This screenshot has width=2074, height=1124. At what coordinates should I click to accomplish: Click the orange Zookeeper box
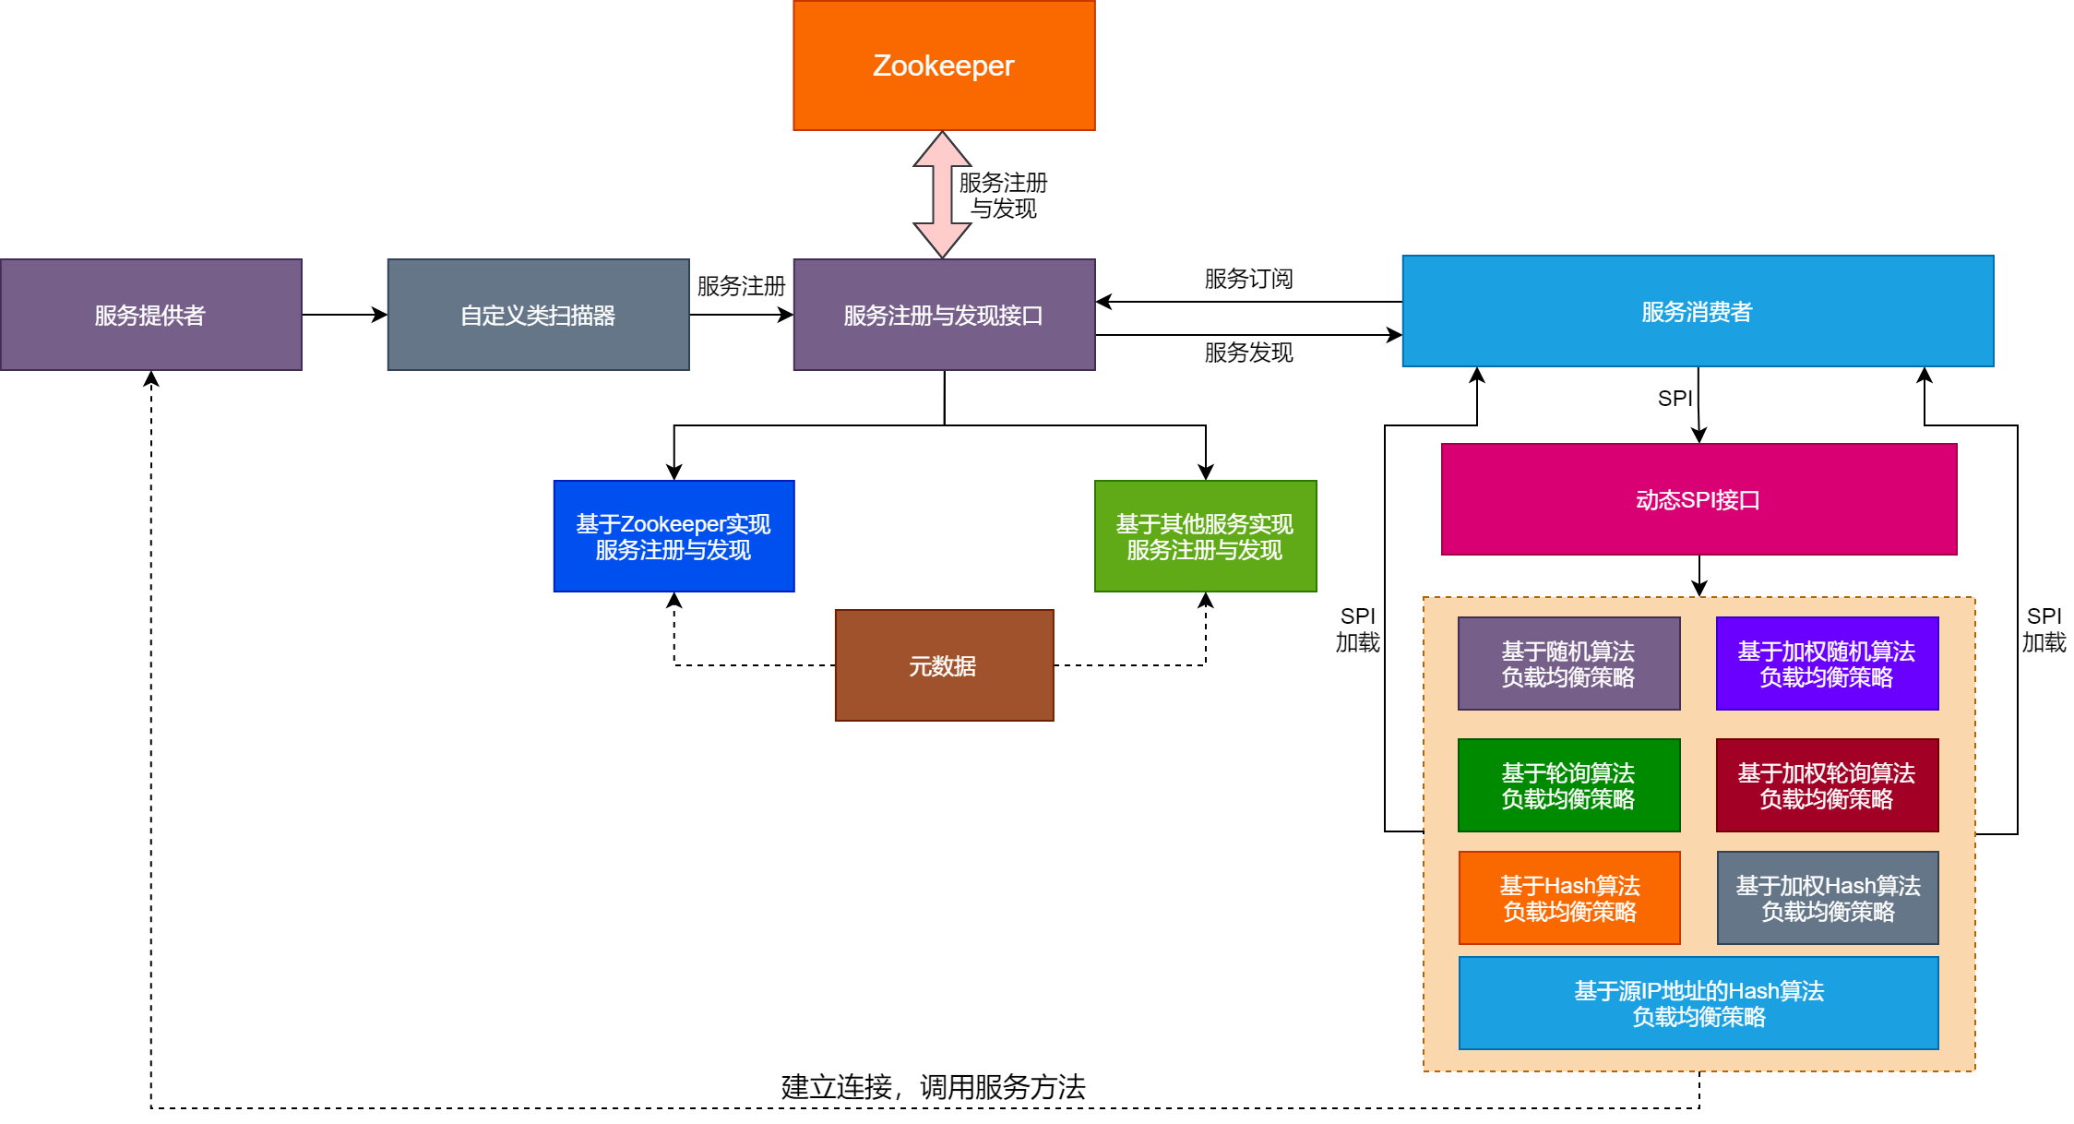944,66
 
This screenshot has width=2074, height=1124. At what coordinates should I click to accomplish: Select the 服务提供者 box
150,315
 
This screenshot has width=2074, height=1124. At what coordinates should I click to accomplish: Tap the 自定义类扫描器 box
538,315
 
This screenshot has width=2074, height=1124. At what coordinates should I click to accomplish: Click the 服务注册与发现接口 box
944,315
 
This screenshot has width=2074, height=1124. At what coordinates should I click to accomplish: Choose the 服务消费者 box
1698,311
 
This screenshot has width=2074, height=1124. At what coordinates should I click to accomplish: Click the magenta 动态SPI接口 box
1699,499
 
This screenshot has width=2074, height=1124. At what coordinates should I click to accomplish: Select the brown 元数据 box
944,665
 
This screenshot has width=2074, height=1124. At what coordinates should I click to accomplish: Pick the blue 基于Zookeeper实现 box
673,536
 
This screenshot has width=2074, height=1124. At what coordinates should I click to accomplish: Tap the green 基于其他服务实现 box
1205,536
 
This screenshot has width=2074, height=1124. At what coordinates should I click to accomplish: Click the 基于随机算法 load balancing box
1568,664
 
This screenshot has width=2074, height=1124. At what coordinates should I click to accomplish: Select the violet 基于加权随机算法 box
1827,664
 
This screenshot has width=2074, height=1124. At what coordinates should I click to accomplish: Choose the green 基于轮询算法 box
1568,785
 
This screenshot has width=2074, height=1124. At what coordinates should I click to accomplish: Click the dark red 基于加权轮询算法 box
1827,785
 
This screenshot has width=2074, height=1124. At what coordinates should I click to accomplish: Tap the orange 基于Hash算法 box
1569,898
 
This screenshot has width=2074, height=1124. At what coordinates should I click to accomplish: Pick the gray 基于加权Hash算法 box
1828,898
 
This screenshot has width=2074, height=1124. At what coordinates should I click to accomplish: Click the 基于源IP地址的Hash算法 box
1699,1003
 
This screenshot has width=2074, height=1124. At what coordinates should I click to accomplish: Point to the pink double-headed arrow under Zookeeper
942,195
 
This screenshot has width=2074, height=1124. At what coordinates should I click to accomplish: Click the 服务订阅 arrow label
1248,279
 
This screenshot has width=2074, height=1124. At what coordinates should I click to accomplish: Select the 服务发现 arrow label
1248,353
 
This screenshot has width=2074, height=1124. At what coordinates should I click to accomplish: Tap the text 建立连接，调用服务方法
933,1087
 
